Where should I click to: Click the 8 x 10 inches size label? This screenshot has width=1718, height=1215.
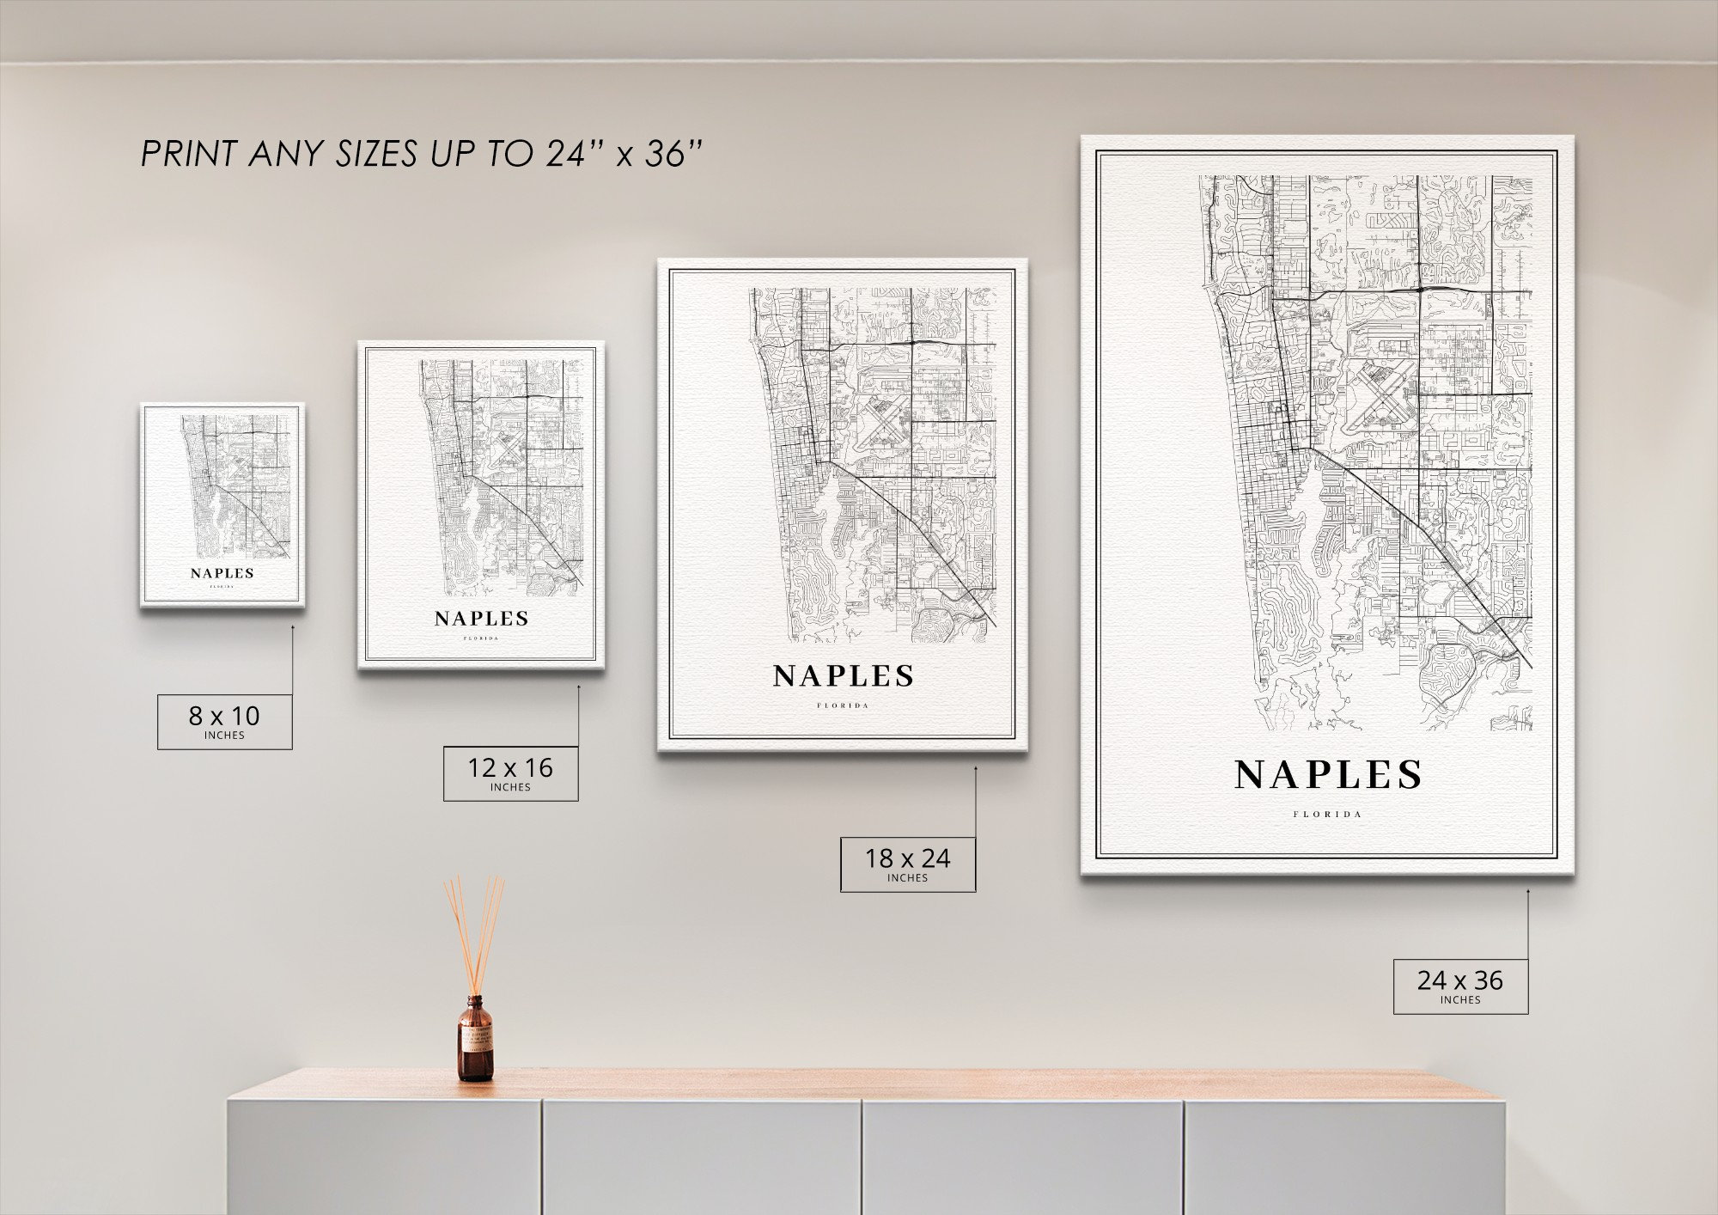pos(224,721)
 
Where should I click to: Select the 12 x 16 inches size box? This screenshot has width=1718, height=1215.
pos(510,773)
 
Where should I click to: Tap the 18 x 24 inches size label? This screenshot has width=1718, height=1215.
pos(907,864)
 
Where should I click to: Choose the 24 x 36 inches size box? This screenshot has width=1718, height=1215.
pos(1460,986)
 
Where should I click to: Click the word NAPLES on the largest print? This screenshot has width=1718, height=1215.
pos(1328,775)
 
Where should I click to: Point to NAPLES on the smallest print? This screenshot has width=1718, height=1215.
pos(222,573)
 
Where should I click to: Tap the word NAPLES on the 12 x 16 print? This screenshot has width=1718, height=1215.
pos(481,619)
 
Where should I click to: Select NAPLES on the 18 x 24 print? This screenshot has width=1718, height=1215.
pos(844,676)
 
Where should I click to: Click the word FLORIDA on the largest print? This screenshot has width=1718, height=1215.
pos(1328,814)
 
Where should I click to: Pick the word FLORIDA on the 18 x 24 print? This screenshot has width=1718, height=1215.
pos(844,706)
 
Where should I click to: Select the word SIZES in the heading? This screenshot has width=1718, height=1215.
pos(377,155)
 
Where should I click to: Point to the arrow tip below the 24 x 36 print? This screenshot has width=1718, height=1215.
pos(1528,891)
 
